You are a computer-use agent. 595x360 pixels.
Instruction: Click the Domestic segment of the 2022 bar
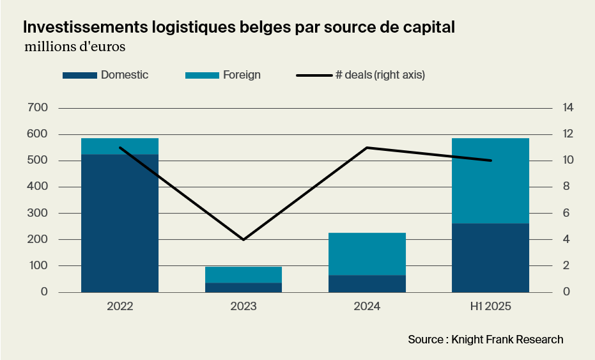pyautogui.click(x=120, y=223)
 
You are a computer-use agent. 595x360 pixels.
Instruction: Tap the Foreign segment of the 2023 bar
pyautogui.click(x=243, y=274)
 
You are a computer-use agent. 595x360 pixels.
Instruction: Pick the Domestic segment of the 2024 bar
pyautogui.click(x=367, y=283)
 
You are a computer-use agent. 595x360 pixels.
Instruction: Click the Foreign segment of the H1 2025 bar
pyautogui.click(x=490, y=180)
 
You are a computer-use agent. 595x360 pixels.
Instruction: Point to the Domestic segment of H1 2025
pyautogui.click(x=490, y=258)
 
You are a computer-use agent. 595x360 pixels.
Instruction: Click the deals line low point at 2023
pyautogui.click(x=243, y=239)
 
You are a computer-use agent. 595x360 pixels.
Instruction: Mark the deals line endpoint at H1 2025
pyautogui.click(x=490, y=160)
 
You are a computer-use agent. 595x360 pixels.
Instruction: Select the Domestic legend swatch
pyautogui.click(x=80, y=75)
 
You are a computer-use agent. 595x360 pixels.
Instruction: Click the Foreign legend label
pyautogui.click(x=242, y=75)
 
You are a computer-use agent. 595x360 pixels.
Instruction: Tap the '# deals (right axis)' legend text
pyautogui.click(x=380, y=75)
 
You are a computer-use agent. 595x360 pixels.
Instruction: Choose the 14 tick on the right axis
pyautogui.click(x=568, y=107)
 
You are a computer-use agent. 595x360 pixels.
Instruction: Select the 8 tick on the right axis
pyautogui.click(x=565, y=187)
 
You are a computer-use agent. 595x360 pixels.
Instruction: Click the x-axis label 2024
pyautogui.click(x=367, y=307)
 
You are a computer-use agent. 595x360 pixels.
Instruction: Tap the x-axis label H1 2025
pyautogui.click(x=490, y=307)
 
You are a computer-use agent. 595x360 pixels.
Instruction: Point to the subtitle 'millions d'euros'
pyautogui.click(x=74, y=47)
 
